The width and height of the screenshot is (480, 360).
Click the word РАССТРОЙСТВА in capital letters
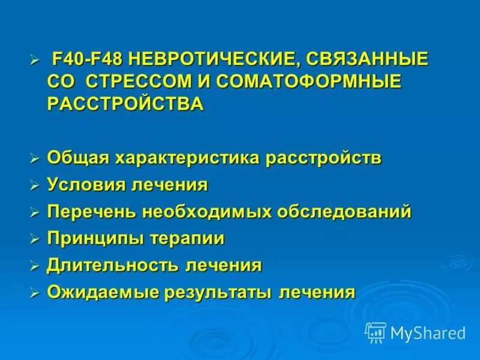pyautogui.click(x=125, y=103)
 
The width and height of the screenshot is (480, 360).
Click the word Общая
pyautogui.click(x=77, y=158)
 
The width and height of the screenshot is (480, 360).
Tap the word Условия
pyautogui.click(x=86, y=185)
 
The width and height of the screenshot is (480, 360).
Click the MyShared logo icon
pyautogui.click(x=376, y=332)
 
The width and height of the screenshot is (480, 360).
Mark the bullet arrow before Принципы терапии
pyautogui.click(x=35, y=239)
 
